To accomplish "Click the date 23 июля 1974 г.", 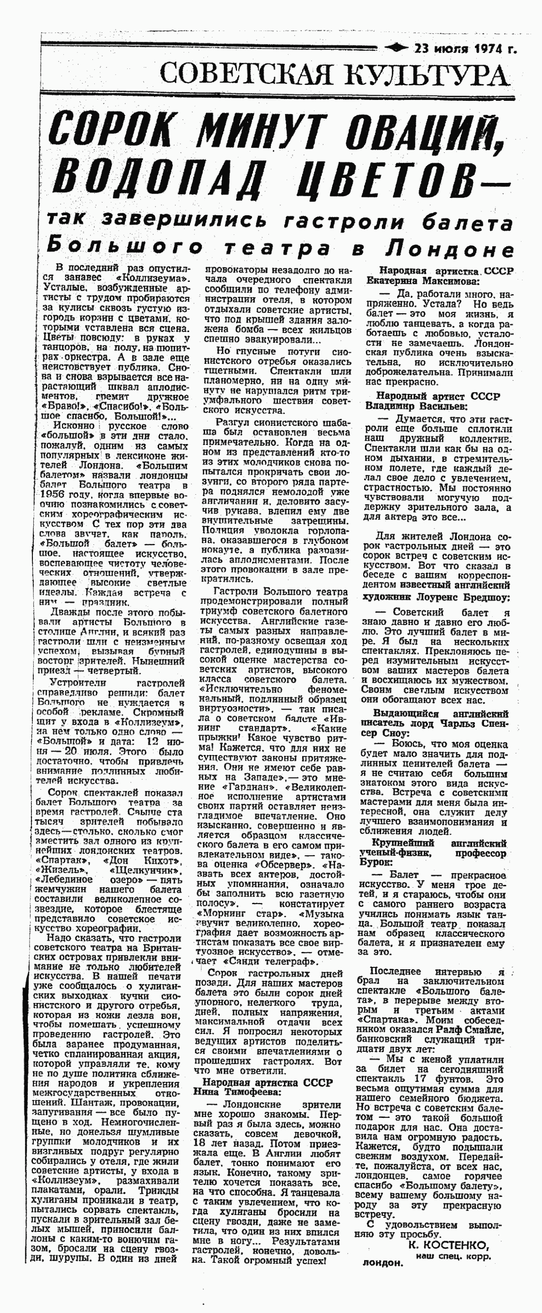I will point(465,49).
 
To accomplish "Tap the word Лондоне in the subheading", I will point(449,248).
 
